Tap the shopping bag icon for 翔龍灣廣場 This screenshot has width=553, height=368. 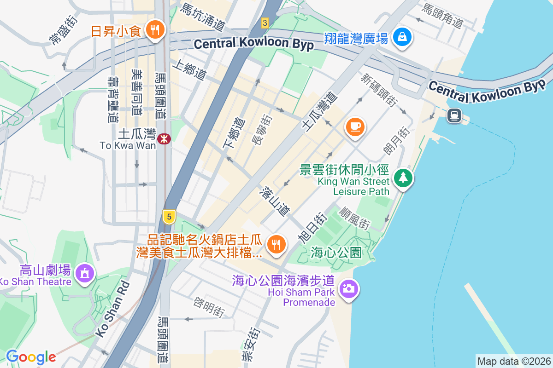pyautogui.click(x=402, y=37)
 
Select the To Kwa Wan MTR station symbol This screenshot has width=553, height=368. pyautogui.click(x=163, y=138)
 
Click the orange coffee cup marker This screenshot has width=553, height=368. pyautogui.click(x=354, y=126)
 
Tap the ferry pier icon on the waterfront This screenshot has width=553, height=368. pyautogui.click(x=454, y=115)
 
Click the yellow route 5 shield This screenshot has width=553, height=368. pyautogui.click(x=169, y=216)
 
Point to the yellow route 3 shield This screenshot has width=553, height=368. pyautogui.click(x=264, y=22)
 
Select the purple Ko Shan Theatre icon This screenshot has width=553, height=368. pyautogui.click(x=85, y=273)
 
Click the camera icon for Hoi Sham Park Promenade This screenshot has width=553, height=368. pyautogui.click(x=349, y=289)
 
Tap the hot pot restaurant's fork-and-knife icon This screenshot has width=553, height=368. pyautogui.click(x=276, y=244)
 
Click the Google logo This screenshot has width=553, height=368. pyautogui.click(x=31, y=356)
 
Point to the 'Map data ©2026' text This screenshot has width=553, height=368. pyautogui.click(x=513, y=361)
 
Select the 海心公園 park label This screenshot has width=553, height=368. pyautogui.click(x=335, y=252)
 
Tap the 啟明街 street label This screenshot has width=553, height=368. pyautogui.click(x=208, y=307)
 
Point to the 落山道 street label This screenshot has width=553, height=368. pyautogui.click(x=275, y=201)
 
